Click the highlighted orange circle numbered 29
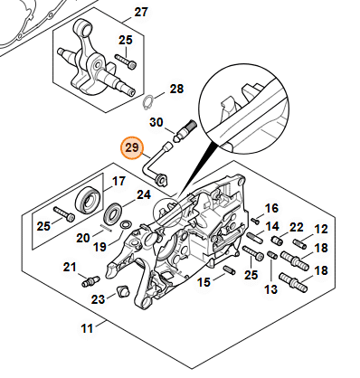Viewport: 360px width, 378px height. [x=132, y=148]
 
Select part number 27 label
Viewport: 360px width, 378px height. [x=141, y=13]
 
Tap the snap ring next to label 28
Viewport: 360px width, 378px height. [x=148, y=103]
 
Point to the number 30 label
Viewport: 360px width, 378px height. [x=156, y=122]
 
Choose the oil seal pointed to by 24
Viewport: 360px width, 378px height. [x=113, y=214]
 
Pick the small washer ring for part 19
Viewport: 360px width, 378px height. [x=125, y=224]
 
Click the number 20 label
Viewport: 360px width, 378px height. [x=83, y=238]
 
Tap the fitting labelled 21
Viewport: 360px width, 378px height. [x=90, y=281]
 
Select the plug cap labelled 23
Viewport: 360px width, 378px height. [x=124, y=290]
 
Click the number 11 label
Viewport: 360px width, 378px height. [x=87, y=327]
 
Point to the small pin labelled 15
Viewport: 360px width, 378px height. [x=230, y=270]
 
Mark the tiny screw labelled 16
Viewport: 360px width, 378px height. [x=255, y=222]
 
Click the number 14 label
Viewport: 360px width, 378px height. [x=271, y=226]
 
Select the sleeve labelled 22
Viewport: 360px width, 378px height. [x=278, y=241]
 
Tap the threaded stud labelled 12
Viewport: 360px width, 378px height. [x=300, y=243]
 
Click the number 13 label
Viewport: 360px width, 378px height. [x=270, y=289]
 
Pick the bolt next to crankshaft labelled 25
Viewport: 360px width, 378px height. [x=126, y=61]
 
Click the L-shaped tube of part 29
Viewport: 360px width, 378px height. [x=155, y=166]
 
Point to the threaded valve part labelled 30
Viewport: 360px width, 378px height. [x=185, y=131]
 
